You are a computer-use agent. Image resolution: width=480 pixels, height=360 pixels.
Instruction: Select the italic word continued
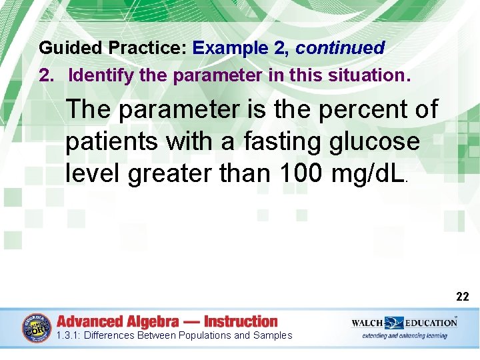[340, 48]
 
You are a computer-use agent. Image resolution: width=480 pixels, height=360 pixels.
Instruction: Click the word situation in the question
[365, 75]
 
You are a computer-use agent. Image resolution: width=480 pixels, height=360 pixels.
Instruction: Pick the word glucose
[379, 141]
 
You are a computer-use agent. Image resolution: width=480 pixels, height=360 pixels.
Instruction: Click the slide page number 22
[462, 297]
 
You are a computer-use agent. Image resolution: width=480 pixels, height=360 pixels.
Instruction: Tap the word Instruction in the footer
[241, 321]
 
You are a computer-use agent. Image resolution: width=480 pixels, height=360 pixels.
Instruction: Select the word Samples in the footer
[272, 335]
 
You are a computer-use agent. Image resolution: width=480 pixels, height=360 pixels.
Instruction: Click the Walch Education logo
[404, 323]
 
